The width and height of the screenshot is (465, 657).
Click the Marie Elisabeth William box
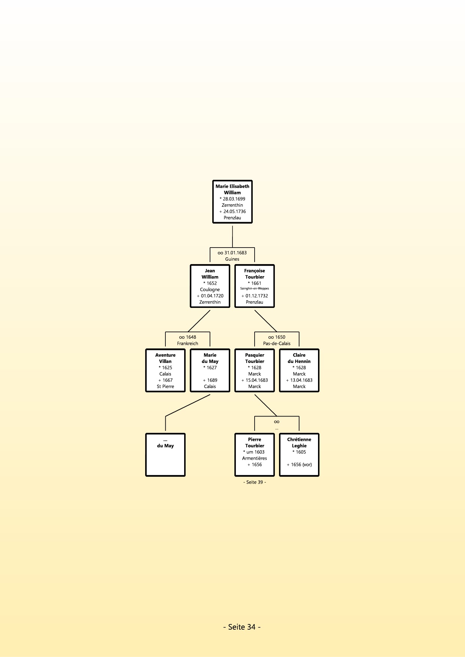tap(232, 202)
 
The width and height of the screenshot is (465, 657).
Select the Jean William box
tap(210, 286)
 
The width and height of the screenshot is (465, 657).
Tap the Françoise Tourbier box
tap(255, 286)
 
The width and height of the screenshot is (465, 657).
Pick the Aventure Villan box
tap(165, 370)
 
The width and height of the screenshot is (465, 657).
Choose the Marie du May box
tap(210, 370)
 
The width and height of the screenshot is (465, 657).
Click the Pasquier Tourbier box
tap(255, 370)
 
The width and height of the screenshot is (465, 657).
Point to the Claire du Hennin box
tap(299, 370)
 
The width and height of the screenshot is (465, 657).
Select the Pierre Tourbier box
tap(255, 455)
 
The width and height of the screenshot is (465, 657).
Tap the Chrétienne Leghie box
tap(299, 455)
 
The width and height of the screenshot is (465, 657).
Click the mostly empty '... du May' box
tap(165, 455)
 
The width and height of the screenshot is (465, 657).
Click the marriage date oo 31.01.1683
tap(232, 253)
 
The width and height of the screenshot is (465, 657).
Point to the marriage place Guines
tap(232, 259)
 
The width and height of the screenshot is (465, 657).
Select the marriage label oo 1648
tap(187, 337)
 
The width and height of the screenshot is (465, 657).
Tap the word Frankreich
tap(187, 343)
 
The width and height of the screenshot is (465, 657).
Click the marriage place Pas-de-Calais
tap(277, 343)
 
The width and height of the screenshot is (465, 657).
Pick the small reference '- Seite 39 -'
tap(255, 482)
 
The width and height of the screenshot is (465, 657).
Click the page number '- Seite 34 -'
tap(242, 627)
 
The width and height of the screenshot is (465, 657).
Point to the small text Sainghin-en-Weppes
tap(255, 288)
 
